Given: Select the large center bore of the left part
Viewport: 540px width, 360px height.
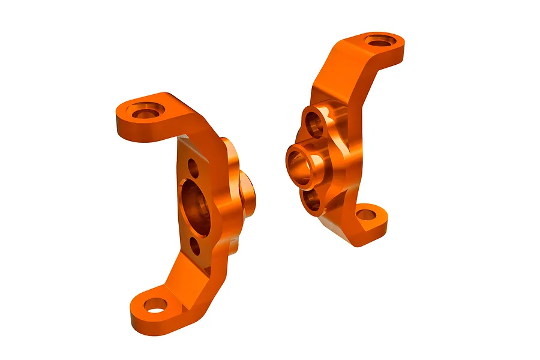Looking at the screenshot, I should tap(196, 207).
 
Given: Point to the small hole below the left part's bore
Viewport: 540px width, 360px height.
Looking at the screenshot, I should tap(195, 245).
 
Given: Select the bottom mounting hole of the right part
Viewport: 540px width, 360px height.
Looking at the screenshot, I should tap(365, 215).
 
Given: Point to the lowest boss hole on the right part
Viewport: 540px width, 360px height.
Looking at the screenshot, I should tap(313, 202).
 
